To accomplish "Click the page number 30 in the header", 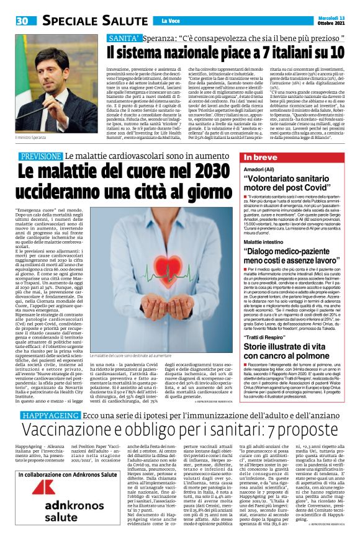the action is coord(22,20).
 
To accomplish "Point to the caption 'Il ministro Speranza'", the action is coord(30,136).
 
